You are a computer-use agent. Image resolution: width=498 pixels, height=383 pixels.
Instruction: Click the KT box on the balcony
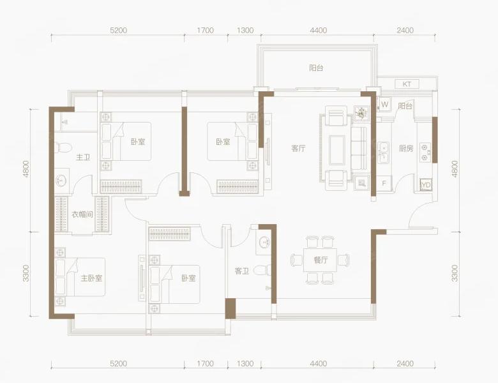coord(407,84)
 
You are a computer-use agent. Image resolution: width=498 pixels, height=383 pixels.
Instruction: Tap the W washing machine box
coord(384,104)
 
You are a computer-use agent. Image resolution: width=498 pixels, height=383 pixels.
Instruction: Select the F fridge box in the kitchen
coord(384,183)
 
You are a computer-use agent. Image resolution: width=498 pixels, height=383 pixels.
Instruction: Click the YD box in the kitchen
coord(426,185)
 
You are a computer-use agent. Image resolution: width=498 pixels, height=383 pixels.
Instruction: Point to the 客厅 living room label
coord(298,148)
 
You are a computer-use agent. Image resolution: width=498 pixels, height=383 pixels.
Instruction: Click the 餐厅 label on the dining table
coord(321,260)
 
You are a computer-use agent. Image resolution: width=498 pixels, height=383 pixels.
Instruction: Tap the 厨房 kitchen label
coord(406,148)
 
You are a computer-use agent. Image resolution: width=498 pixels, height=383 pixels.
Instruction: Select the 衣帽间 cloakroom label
coord(82,214)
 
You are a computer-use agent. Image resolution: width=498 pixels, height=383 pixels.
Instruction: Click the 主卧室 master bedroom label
coord(91,278)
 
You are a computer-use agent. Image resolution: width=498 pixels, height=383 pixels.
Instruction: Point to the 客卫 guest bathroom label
coord(242,271)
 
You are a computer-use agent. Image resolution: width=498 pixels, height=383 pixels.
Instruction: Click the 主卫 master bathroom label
coord(83,157)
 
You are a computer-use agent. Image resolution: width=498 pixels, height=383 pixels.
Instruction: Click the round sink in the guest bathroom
coord(263,243)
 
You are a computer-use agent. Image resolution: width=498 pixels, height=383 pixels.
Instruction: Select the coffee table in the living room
coord(336,149)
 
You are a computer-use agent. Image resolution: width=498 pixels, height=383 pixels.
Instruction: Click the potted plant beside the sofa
coord(361,113)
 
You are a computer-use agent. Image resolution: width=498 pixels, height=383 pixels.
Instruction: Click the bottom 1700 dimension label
coord(205,363)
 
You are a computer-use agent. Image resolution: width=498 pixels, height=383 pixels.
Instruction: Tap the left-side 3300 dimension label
coord(26,273)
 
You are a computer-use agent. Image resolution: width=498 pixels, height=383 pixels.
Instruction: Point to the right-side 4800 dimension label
coord(455,169)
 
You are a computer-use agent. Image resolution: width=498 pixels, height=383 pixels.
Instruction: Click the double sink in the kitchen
coord(383,153)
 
